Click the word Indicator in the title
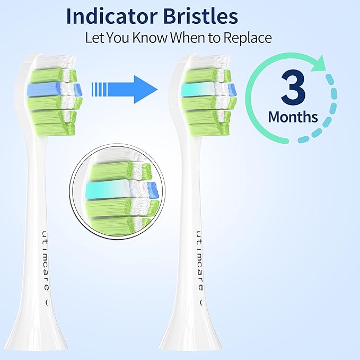pos(109,16)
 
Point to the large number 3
pos(293,91)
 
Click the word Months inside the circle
pos(293,117)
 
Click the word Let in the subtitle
pos(94,38)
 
